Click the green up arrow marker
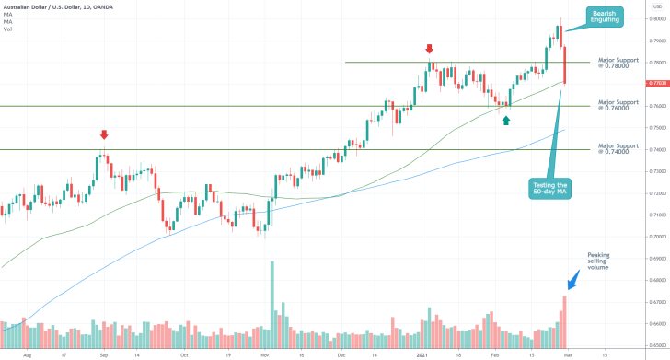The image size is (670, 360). coord(506,120)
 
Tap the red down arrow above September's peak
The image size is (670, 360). coord(103,135)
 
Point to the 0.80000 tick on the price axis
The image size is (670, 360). coord(655,18)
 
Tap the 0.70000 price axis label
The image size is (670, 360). coord(655,237)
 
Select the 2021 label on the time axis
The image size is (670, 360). coord(422,353)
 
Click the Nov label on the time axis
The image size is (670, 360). coord(265,353)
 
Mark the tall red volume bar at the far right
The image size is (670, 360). coord(564,319)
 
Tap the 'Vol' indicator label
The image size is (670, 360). coord(7,29)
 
